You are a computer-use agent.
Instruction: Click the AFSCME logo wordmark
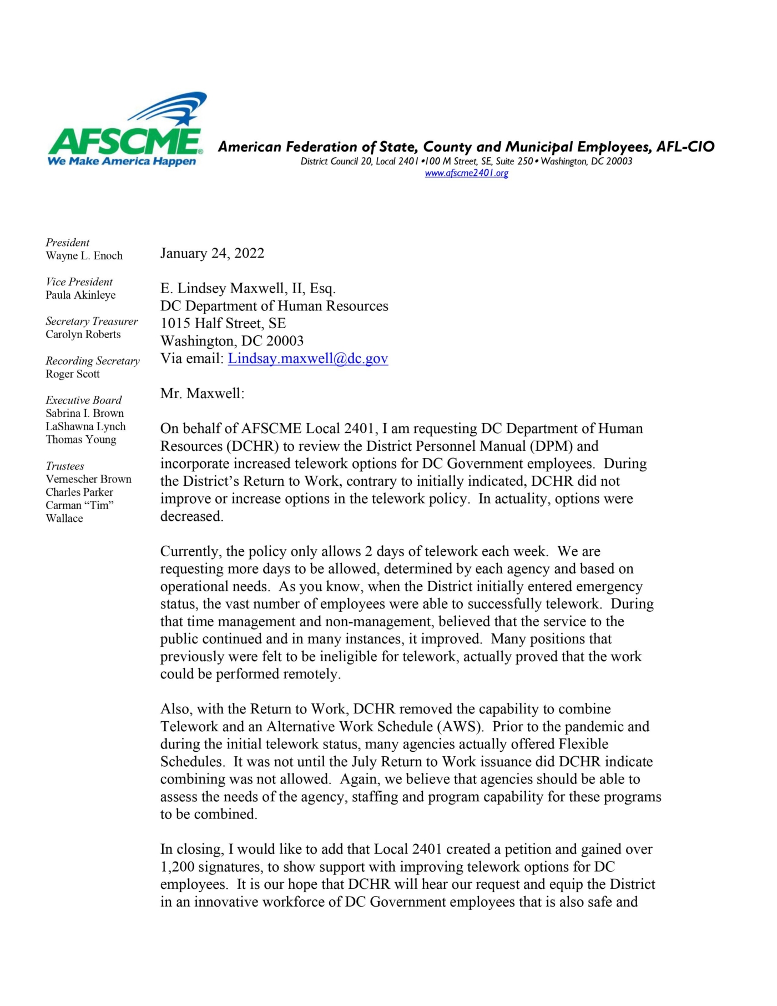pos(125,141)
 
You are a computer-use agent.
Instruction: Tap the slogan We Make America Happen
pos(122,162)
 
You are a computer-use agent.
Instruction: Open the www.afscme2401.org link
pos(466,173)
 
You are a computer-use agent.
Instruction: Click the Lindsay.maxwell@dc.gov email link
pos(307,359)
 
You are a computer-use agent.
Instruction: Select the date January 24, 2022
pos(212,254)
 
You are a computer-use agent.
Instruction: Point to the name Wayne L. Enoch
pos(84,256)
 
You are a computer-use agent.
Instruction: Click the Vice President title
pos(79,282)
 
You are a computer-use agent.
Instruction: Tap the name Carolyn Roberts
pos(83,335)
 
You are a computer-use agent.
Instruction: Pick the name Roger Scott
pos(72,374)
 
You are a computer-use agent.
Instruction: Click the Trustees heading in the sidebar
pos(65,466)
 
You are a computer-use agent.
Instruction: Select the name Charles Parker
pos(79,492)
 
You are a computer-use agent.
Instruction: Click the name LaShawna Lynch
pos(85,427)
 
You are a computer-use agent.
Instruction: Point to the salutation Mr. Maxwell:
pos(202,394)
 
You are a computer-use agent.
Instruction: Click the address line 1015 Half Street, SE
pos(223,324)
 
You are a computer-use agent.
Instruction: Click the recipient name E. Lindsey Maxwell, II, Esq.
pos(248,289)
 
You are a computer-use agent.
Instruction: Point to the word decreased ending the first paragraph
pos(191,517)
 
